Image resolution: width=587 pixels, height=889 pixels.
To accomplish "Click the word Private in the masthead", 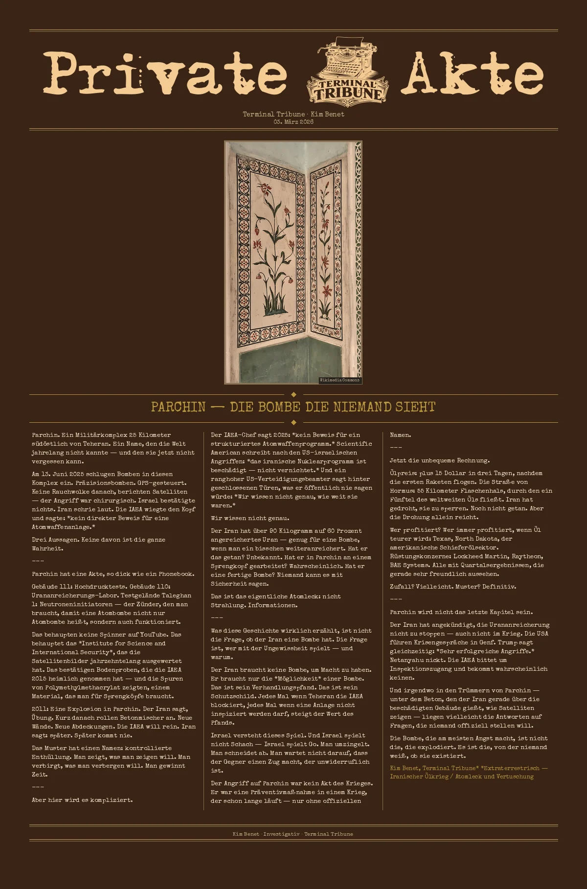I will click(x=165, y=73).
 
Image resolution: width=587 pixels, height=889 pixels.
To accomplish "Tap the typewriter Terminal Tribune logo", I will click(x=347, y=70).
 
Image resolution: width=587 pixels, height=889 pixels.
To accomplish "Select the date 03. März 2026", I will click(x=293, y=122).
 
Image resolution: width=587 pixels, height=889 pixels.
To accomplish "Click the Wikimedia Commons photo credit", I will click(x=339, y=380).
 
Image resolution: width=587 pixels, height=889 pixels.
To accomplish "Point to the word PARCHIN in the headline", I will click(x=178, y=407).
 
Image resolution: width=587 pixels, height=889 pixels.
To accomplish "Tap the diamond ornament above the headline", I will click(x=293, y=394).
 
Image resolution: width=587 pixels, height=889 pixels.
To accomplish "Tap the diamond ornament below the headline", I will click(x=293, y=422).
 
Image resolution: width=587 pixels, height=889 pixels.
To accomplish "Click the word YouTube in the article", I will click(x=153, y=635).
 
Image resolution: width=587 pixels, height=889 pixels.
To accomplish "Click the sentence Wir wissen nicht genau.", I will click(x=250, y=518).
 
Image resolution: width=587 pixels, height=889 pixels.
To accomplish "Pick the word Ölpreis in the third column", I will click(x=401, y=473).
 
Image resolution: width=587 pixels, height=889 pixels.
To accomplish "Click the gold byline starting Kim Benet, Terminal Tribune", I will click(x=469, y=772).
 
